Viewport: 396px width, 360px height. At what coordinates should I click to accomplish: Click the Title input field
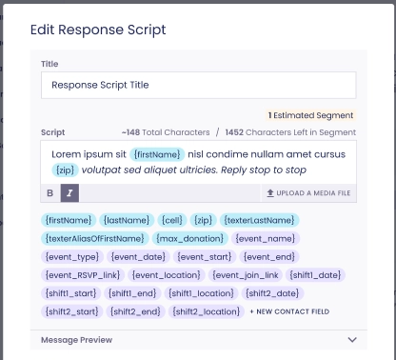pyautogui.click(x=198, y=85)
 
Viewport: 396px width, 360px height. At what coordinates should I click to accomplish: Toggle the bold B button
pyautogui.click(x=50, y=193)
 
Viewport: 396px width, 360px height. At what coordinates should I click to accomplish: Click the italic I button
pyautogui.click(x=69, y=193)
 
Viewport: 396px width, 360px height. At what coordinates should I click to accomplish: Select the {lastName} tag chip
pyautogui.click(x=127, y=220)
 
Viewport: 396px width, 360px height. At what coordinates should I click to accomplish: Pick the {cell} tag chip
pyautogui.click(x=172, y=220)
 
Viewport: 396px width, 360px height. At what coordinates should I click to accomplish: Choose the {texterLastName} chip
pyautogui.click(x=259, y=220)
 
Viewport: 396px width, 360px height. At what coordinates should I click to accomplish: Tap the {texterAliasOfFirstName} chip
pyautogui.click(x=94, y=238)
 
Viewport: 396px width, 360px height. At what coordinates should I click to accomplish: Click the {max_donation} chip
pyautogui.click(x=189, y=238)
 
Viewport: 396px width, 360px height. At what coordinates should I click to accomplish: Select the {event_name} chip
pyautogui.click(x=266, y=238)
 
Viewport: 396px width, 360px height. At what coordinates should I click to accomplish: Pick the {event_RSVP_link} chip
pyautogui.click(x=83, y=275)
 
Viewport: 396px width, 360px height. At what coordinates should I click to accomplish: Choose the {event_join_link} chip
pyautogui.click(x=246, y=275)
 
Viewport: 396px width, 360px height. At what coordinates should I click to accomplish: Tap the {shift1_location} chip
pyautogui.click(x=201, y=293)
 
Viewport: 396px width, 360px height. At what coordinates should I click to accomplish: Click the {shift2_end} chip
pyautogui.click(x=135, y=311)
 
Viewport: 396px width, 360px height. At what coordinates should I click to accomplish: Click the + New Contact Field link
pyautogui.click(x=289, y=311)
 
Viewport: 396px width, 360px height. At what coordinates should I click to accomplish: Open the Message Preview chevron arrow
pyautogui.click(x=352, y=340)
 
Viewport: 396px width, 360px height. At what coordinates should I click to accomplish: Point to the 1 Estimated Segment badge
pyautogui.click(x=310, y=115)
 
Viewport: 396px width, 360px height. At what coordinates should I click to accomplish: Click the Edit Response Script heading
pyautogui.click(x=98, y=30)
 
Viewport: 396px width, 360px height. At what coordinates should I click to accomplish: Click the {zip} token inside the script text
pyautogui.click(x=65, y=170)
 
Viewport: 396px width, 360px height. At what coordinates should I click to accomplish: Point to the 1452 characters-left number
pyautogui.click(x=234, y=132)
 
